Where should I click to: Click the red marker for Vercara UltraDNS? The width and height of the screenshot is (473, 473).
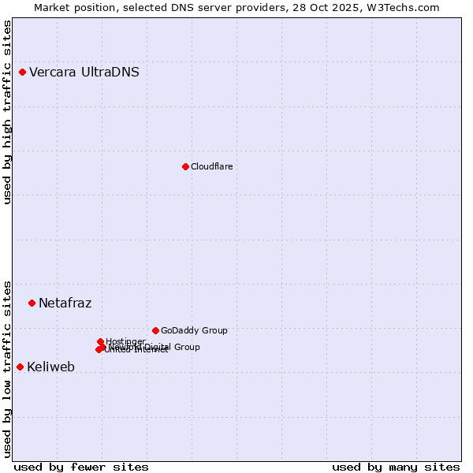tap(22, 73)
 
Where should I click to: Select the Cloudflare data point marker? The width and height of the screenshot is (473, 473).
tap(185, 166)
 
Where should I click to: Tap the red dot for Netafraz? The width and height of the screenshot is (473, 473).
tap(32, 303)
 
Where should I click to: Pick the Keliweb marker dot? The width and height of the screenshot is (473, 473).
tap(20, 367)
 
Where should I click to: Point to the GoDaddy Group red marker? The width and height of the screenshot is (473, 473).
tap(155, 330)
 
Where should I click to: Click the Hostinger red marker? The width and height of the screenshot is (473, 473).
tap(100, 341)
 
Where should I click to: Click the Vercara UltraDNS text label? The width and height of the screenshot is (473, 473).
tap(84, 73)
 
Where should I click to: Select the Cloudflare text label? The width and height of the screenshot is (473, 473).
tap(211, 166)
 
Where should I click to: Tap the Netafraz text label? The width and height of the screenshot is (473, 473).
tap(65, 303)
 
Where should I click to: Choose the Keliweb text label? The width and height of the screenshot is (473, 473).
tap(50, 367)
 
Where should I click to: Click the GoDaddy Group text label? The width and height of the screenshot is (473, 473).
tap(194, 330)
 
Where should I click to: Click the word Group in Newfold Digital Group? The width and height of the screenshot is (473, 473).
tap(187, 347)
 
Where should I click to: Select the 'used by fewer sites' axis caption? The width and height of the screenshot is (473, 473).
tap(81, 467)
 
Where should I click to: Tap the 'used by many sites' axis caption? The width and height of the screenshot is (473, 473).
tap(396, 467)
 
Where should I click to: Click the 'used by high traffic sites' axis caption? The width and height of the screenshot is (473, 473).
tap(8, 112)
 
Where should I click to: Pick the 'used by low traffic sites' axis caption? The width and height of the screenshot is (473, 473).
tap(8, 368)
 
